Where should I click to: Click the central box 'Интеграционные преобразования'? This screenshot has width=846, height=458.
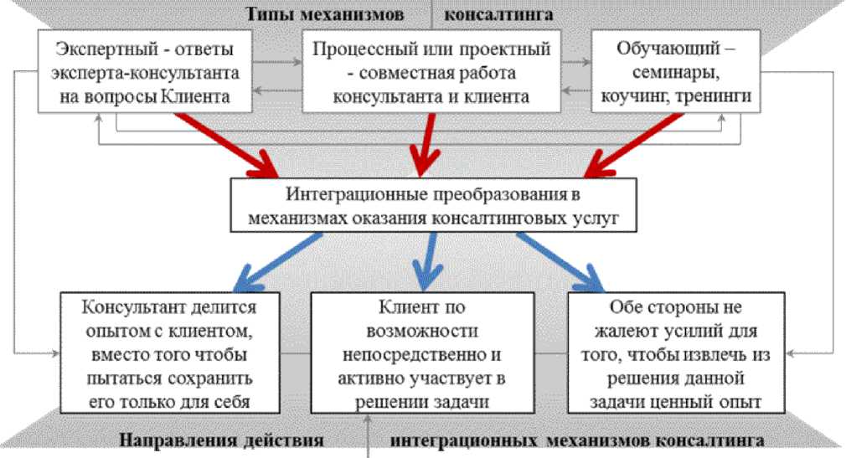coord(431,207)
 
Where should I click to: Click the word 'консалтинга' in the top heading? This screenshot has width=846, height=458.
coord(498,14)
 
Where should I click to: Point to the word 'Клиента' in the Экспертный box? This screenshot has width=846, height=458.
coord(202,97)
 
